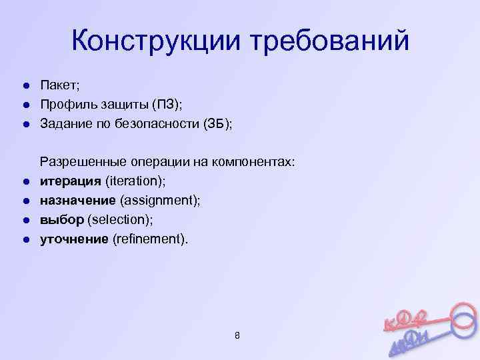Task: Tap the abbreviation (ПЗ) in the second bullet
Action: click(167, 105)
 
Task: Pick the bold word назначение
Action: click(79, 200)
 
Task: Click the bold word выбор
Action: click(61, 219)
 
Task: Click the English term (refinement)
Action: click(151, 239)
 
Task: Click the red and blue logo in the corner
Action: click(430, 327)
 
